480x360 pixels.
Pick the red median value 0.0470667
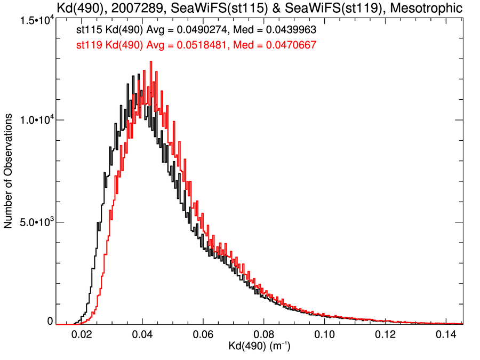coord(287,45)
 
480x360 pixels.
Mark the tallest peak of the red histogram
coord(151,62)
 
